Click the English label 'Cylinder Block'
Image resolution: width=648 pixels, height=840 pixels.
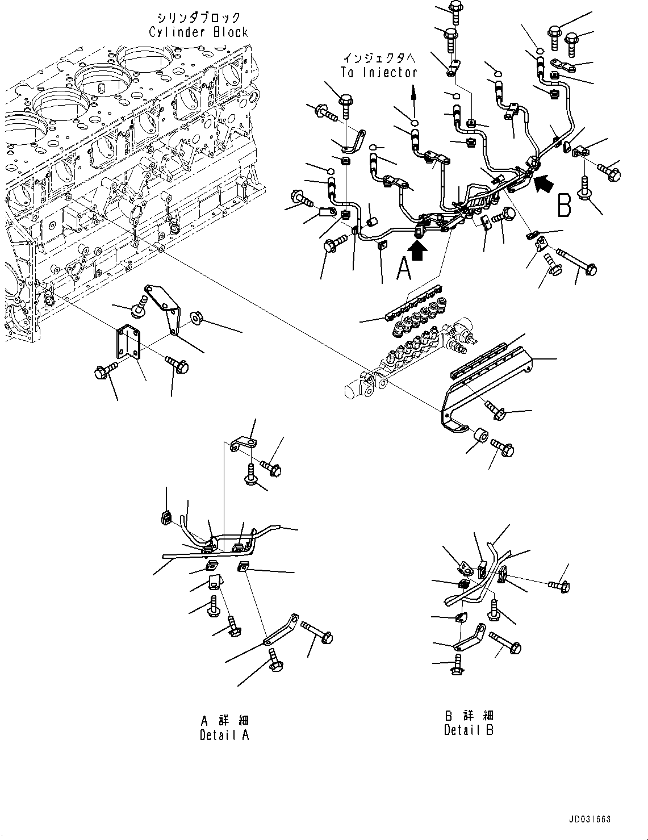point(199,32)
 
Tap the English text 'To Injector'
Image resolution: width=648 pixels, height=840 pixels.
point(379,72)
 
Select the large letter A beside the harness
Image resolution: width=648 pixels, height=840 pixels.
point(404,269)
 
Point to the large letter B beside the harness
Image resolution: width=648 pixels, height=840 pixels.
point(565,204)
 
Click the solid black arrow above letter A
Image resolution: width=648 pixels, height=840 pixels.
point(417,250)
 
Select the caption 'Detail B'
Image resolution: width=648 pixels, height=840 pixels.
point(469,730)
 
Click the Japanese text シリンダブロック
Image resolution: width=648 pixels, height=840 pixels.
point(199,18)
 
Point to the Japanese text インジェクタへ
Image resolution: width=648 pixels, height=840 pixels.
point(379,58)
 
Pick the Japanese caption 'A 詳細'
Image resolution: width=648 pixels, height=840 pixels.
point(224,720)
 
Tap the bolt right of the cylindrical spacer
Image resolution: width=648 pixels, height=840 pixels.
point(503,447)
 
